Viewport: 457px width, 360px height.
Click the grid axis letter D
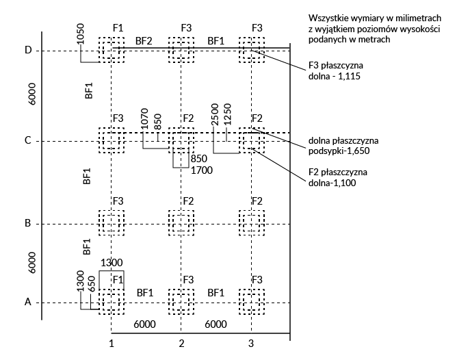tap(28, 51)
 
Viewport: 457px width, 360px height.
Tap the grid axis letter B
tap(28, 223)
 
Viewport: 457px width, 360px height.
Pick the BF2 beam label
tap(144, 40)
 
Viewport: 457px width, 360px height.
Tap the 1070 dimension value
tap(144, 119)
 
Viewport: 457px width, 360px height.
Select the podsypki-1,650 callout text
tap(343, 146)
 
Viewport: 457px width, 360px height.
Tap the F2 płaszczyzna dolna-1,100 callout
tap(340, 178)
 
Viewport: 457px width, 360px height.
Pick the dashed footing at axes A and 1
tap(112, 301)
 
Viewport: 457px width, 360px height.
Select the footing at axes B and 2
tap(181, 223)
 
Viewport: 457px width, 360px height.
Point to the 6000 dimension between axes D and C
tap(33, 94)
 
